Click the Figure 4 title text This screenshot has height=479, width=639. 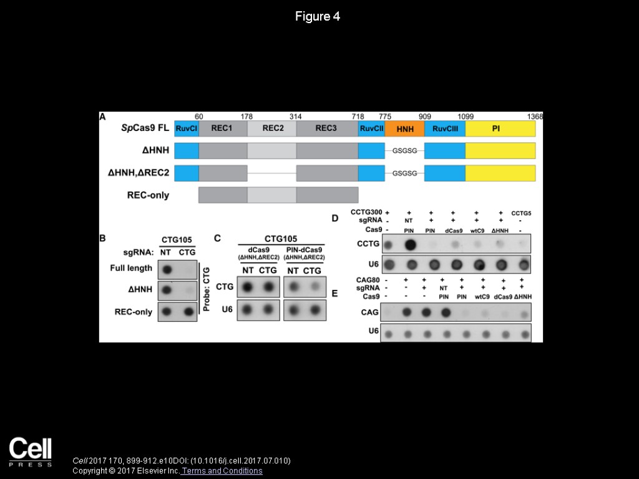click(318, 17)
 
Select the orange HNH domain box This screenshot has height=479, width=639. click(404, 128)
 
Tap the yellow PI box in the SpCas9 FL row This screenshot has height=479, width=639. click(500, 128)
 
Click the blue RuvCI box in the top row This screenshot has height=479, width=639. click(187, 128)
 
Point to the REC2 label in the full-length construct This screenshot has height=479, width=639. click(272, 128)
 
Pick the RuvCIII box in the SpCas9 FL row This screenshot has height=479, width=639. click(445, 128)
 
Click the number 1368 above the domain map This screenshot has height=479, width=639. click(535, 116)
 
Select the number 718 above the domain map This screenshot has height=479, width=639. click(358, 116)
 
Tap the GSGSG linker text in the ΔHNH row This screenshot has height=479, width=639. click(404, 151)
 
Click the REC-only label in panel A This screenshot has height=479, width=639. click(148, 195)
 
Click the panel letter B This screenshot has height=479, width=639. click(103, 238)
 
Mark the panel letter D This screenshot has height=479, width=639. click(335, 218)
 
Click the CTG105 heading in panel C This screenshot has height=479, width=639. click(280, 238)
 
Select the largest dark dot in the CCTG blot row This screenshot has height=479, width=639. click(411, 244)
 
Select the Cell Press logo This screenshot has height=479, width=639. click(30, 452)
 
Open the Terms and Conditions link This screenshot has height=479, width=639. click(222, 471)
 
